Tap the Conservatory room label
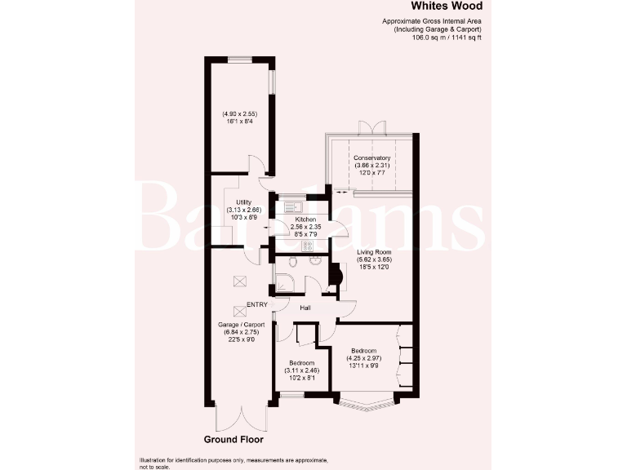pyautogui.click(x=371, y=158)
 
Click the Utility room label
pyautogui.click(x=242, y=202)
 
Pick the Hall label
pyautogui.click(x=305, y=308)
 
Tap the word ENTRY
pyautogui.click(x=256, y=305)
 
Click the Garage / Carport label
pyautogui.click(x=240, y=324)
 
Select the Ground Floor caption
pyautogui.click(x=234, y=440)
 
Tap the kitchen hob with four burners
pyautogui.click(x=308, y=245)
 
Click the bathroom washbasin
pyautogui.click(x=316, y=261)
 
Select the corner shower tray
pyautogui.click(x=284, y=283)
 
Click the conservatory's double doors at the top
pyautogui.click(x=371, y=128)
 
